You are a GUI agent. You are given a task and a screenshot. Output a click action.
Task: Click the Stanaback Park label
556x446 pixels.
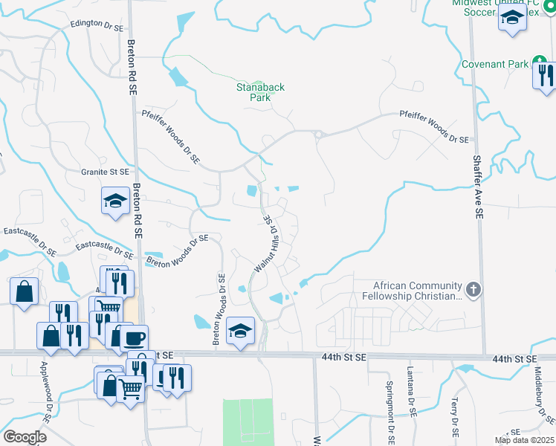tap(261, 92)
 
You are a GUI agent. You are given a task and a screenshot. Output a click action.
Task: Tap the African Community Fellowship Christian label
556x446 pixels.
tap(418, 291)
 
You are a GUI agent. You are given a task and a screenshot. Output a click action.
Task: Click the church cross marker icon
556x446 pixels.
tap(473, 288)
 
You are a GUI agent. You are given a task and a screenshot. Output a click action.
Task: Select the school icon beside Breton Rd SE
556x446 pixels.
tap(115, 201)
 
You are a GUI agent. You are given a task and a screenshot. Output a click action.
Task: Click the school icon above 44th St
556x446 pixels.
tap(240, 330)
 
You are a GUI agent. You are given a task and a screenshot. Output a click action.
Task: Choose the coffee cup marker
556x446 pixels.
tap(134, 338)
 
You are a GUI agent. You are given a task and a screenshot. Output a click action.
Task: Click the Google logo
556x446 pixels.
tap(24, 436)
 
